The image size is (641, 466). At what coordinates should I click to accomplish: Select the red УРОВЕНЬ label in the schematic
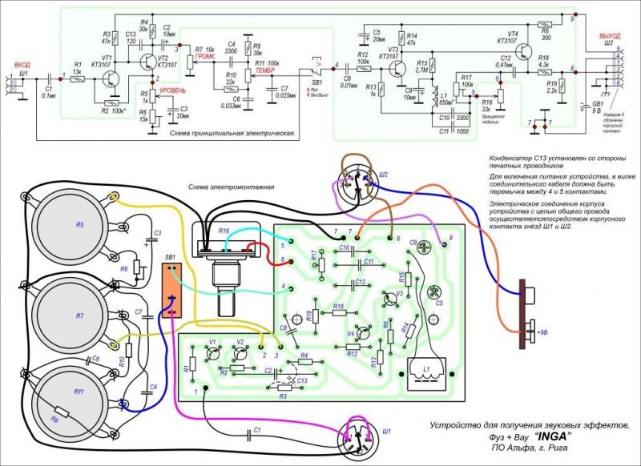(x=177, y=90)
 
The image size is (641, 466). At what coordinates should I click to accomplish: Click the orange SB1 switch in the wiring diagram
(x=171, y=288)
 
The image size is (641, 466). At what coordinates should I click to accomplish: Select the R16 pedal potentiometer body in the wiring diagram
(x=230, y=249)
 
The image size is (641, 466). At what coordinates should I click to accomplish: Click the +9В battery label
(x=545, y=330)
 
